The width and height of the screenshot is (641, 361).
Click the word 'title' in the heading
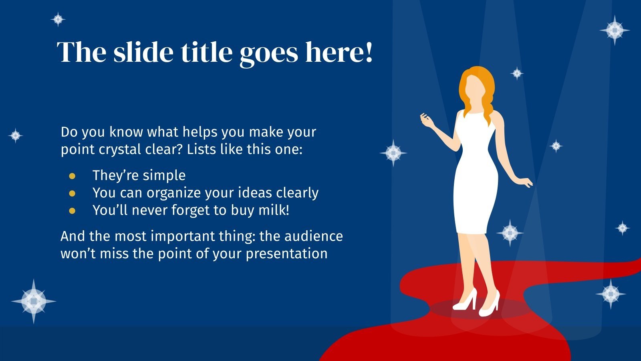tap(206, 52)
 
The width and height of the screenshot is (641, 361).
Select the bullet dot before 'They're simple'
tap(72, 176)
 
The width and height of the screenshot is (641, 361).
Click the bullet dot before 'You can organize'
tap(72, 193)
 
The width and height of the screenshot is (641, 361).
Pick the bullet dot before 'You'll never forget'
tap(72, 211)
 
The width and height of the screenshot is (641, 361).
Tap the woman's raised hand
tap(425, 118)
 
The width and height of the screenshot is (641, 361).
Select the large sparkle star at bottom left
tap(34, 301)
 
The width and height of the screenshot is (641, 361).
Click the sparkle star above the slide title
tap(58, 19)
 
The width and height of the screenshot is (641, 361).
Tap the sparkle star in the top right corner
tap(615, 30)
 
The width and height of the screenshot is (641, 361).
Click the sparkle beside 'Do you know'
tap(15, 136)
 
